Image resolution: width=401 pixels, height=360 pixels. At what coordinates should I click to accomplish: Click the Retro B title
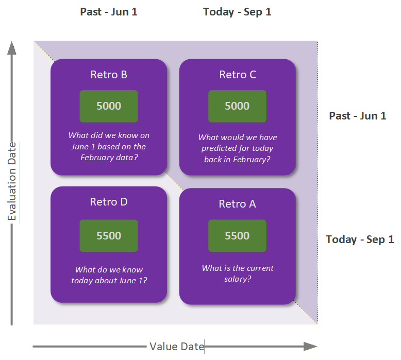[109, 75]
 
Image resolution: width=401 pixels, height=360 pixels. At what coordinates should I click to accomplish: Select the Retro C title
[237, 75]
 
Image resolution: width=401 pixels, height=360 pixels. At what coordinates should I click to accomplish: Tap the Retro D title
[109, 202]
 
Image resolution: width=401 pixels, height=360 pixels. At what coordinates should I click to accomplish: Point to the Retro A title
[237, 204]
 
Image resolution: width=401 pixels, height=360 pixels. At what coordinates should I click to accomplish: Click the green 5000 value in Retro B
[109, 106]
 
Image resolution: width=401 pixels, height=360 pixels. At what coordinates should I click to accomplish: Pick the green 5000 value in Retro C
[237, 106]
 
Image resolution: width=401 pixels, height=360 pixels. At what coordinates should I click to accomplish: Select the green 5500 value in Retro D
[109, 236]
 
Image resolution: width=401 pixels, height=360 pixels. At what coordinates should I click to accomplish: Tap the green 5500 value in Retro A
[237, 236]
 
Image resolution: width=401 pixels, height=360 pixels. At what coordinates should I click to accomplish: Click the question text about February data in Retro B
[109, 146]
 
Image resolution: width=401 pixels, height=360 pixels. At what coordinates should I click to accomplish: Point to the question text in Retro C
[237, 148]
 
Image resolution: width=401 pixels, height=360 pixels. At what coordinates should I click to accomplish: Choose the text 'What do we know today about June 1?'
[109, 275]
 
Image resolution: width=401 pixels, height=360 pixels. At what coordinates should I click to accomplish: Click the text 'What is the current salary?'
[237, 273]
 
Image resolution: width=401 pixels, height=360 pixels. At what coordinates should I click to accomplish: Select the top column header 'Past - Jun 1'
[109, 12]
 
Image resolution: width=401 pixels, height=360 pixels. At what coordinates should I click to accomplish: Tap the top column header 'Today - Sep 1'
[237, 12]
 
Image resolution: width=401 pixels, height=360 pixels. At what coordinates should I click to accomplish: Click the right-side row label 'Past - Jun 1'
[357, 116]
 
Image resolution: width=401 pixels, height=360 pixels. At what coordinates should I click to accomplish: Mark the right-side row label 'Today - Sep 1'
[360, 239]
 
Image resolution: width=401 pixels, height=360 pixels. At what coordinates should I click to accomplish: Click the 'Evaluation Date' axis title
[12, 181]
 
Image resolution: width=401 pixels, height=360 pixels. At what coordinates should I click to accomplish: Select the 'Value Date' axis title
[177, 347]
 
